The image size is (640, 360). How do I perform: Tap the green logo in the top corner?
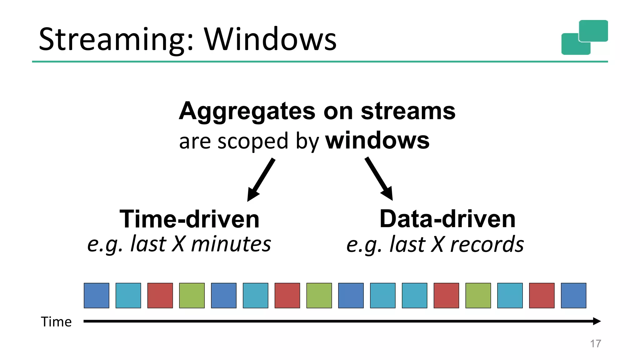pos(584,37)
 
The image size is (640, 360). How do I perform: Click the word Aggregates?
pos(247,112)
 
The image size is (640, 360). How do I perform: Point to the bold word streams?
pos(408,111)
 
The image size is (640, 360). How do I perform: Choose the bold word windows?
pos(377,141)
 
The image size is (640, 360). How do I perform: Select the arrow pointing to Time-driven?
pos(261,180)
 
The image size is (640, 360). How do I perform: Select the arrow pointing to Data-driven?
pos(379,179)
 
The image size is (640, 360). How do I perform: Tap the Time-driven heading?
pos(189,219)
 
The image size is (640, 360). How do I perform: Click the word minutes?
pos(231,244)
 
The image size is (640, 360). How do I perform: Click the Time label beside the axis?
pos(56,322)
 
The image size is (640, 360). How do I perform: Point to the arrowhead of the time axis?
pos(597,321)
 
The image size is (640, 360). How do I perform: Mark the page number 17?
pos(595,343)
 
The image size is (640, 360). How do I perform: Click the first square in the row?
pos(96,295)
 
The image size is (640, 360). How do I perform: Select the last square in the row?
pos(573,295)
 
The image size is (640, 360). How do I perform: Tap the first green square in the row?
pos(192,295)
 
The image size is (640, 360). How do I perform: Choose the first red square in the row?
pos(160,295)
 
